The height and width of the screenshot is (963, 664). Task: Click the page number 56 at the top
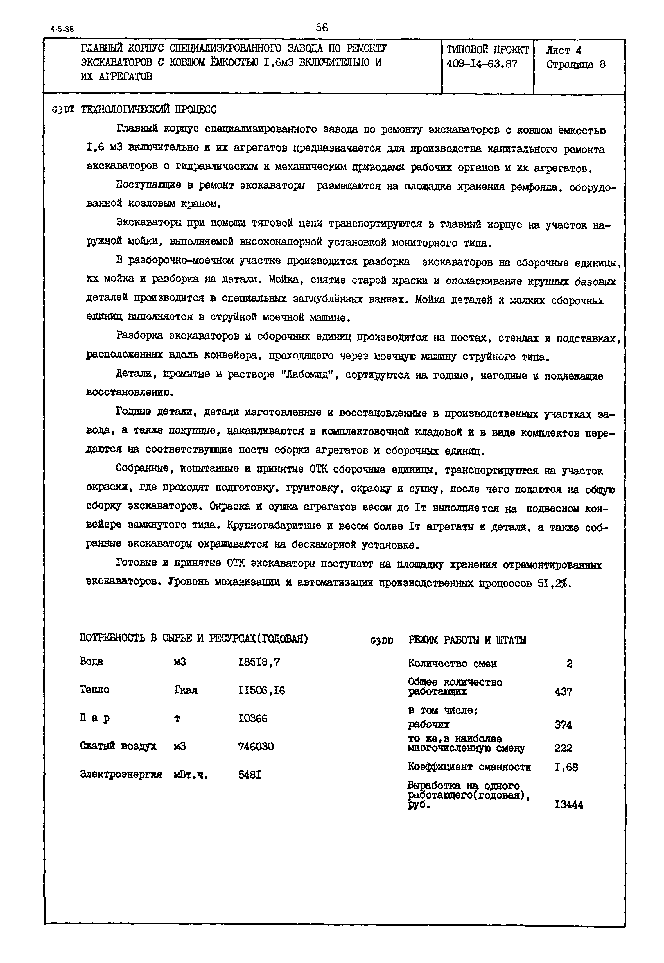point(322,28)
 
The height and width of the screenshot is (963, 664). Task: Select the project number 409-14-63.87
point(482,64)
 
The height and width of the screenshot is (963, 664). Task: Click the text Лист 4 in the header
point(564,51)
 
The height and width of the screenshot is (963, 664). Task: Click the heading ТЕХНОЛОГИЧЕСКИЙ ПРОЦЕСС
point(148,110)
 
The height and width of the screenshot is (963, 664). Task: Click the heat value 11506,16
point(261,691)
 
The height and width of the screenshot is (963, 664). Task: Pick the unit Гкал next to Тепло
point(186,691)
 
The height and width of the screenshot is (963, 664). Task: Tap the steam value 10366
point(252,718)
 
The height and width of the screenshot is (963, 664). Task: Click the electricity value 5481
point(250,775)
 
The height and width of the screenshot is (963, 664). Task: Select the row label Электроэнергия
point(121,775)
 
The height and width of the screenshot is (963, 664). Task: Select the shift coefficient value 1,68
point(566,767)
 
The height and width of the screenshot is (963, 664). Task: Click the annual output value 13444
point(568,805)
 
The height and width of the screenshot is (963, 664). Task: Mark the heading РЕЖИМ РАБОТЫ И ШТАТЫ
point(467,640)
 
